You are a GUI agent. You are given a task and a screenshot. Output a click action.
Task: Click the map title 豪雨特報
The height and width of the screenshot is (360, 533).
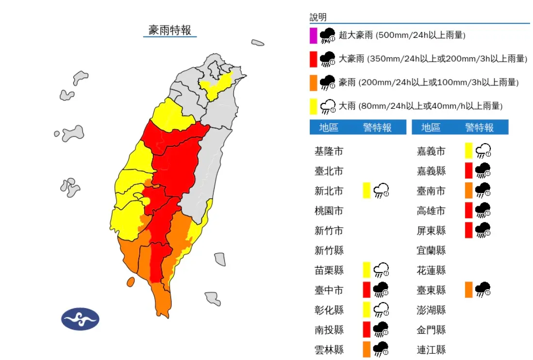point(170,30)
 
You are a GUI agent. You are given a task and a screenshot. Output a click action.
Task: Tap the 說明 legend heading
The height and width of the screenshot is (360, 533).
point(318,17)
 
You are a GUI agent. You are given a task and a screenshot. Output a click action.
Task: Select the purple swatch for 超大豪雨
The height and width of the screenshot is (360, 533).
point(314,35)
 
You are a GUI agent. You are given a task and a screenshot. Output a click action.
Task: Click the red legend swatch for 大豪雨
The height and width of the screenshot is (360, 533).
point(314,59)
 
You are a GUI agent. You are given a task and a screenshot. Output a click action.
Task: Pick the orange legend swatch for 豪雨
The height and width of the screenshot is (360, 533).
point(314,82)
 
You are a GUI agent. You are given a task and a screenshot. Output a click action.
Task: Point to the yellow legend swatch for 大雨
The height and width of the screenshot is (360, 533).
point(314,106)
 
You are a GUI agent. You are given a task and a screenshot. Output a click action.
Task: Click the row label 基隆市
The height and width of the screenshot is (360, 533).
point(329,151)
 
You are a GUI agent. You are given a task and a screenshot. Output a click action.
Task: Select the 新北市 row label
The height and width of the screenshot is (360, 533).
point(329,191)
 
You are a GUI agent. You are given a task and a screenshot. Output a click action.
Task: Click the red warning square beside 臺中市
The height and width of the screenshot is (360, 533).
point(366,290)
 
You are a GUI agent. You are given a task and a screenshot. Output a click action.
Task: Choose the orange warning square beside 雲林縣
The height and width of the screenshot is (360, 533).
point(366,349)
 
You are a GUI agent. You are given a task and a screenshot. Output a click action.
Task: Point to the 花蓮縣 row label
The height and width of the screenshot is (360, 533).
point(431,270)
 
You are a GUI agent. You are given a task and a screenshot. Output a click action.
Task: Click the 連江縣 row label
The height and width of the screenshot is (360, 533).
point(431,349)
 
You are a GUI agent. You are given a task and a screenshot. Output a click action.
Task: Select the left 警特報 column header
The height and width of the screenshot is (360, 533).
point(377,128)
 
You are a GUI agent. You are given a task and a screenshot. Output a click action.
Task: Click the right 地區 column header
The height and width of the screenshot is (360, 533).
point(431,128)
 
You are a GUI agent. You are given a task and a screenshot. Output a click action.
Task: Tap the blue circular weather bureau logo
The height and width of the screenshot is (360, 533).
point(80,319)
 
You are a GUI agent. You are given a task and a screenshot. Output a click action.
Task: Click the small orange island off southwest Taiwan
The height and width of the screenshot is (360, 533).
point(130,281)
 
